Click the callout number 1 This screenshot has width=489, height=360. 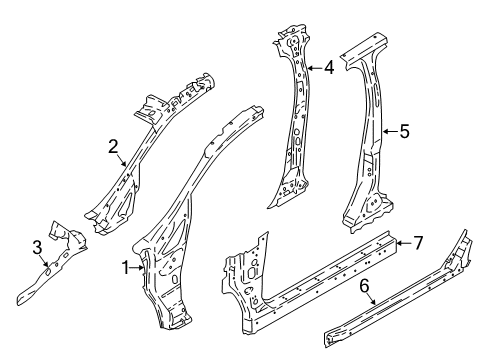(125, 268)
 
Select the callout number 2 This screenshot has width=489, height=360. (114, 147)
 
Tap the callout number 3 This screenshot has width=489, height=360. (37, 246)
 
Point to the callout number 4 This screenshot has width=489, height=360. (329, 68)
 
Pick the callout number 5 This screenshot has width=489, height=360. (404, 129)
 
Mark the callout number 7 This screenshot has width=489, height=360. (420, 243)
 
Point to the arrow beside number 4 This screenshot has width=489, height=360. (314, 68)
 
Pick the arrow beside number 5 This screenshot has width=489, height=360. (389, 129)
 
